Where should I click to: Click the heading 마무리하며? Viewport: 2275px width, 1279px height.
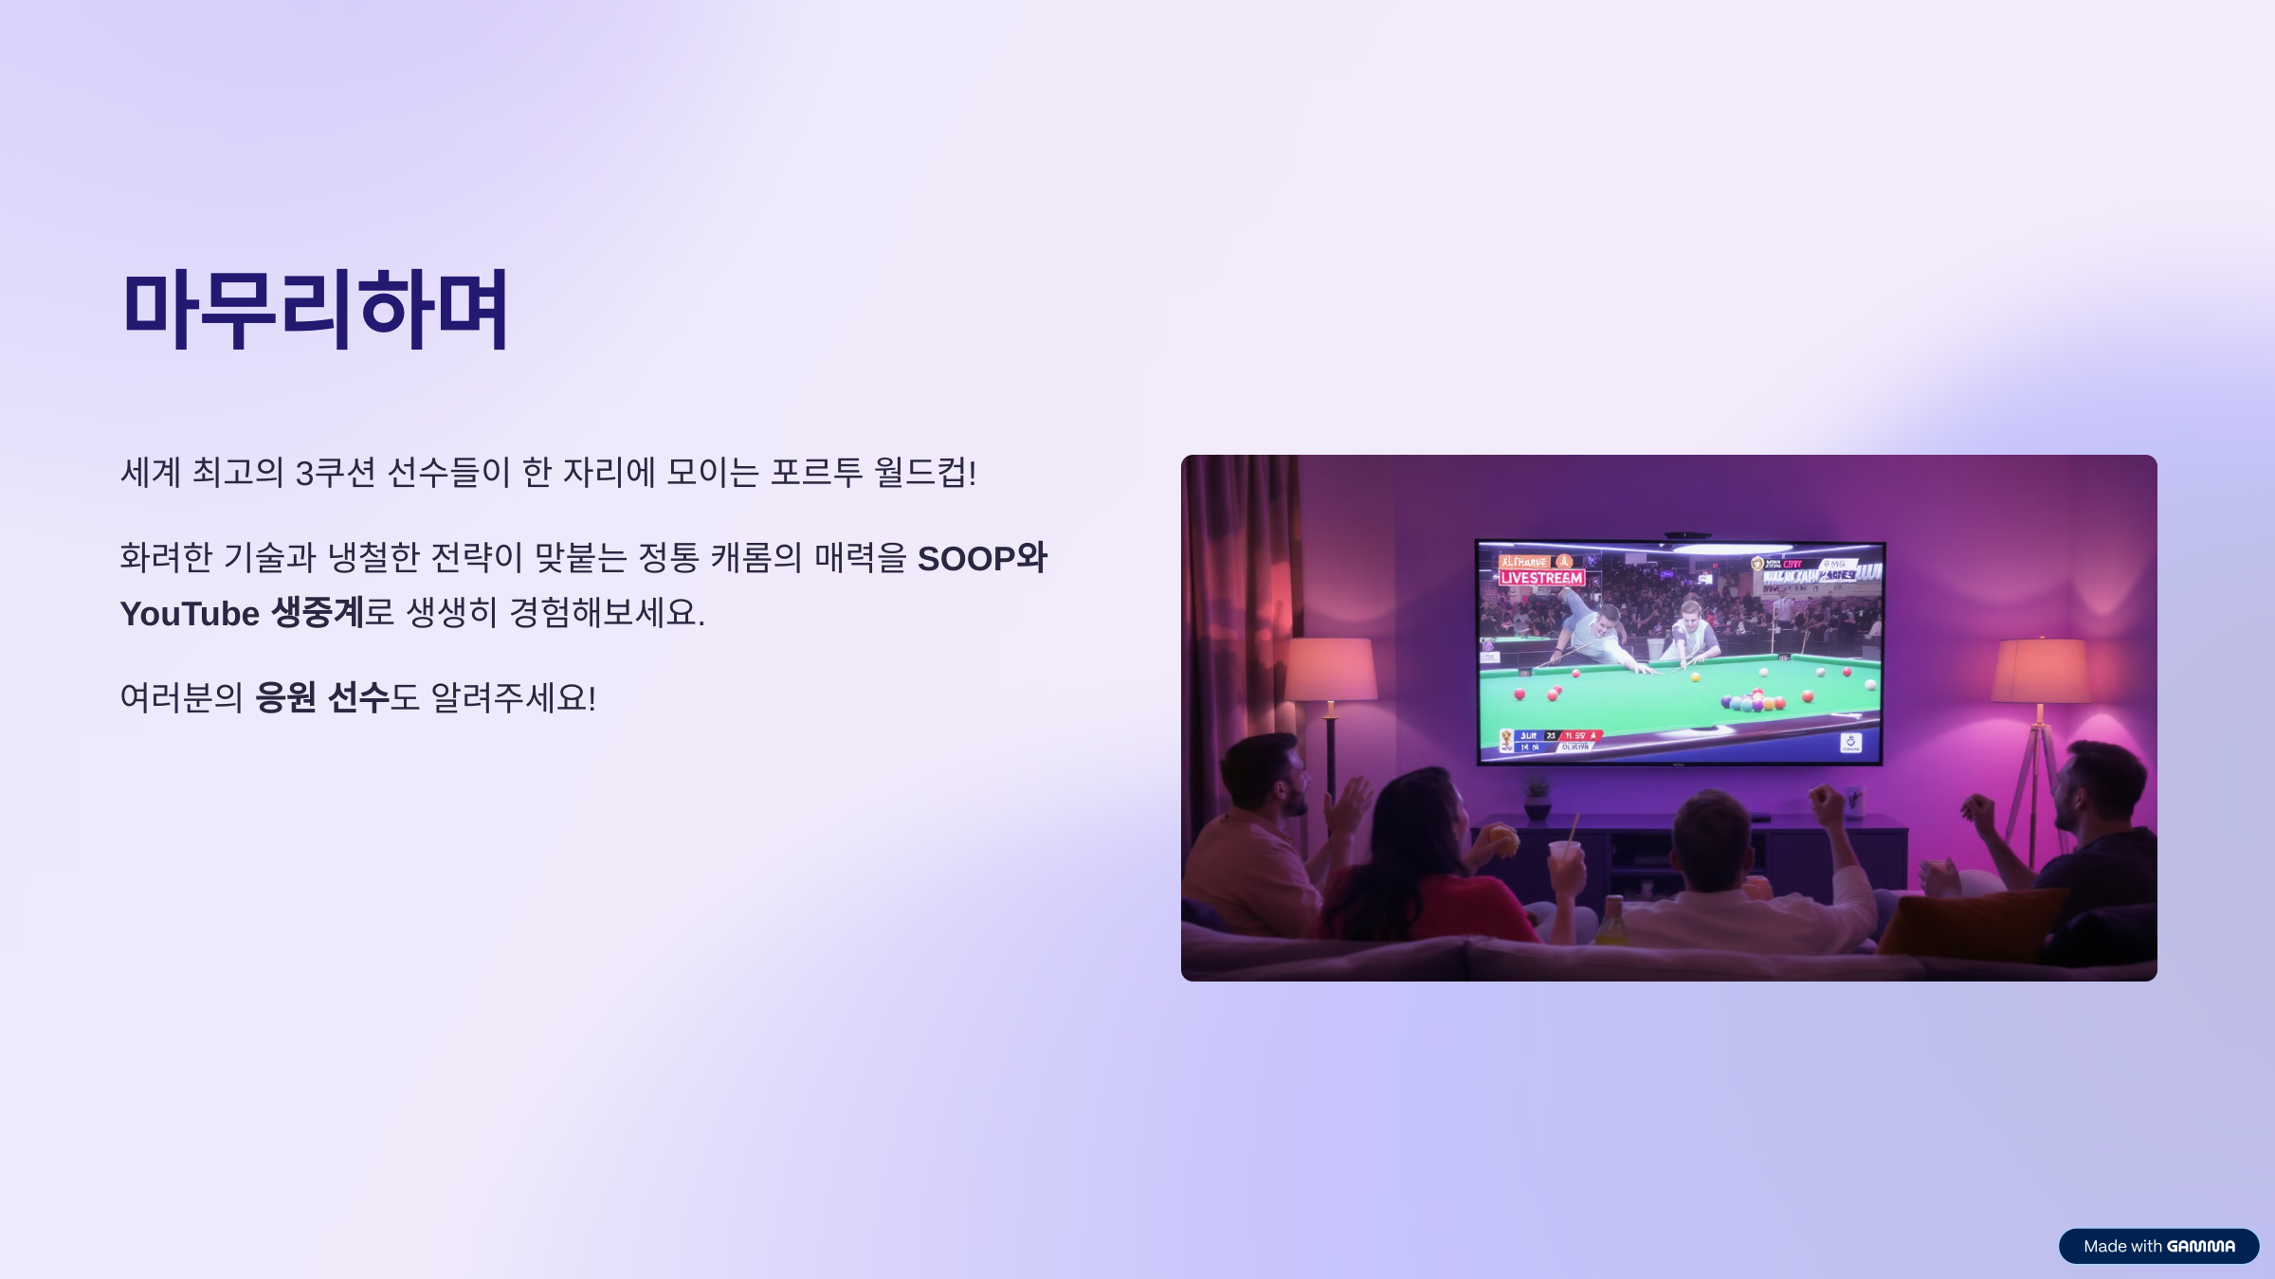pos(315,309)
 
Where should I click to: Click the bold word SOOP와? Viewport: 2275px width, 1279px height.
pos(982,558)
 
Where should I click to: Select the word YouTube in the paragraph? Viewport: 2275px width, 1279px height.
pos(190,614)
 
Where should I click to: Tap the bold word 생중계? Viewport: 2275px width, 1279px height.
pos(318,613)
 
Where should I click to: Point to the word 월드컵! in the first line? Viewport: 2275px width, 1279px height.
pos(924,472)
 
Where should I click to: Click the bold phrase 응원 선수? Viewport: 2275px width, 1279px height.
pos(322,698)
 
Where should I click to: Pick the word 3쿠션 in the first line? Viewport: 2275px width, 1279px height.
pos(336,472)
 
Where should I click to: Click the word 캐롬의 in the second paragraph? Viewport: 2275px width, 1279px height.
pos(756,558)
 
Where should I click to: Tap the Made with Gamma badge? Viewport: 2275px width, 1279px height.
pos(2158,1246)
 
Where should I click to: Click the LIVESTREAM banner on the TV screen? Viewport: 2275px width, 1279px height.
pos(1541,578)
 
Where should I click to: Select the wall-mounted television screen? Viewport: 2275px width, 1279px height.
pos(1680,652)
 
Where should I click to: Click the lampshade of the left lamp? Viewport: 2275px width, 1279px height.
pos(1330,669)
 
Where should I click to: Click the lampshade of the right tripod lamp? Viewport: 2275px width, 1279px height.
pos(2041,671)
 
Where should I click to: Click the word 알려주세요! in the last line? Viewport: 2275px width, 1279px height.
pos(513,698)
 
